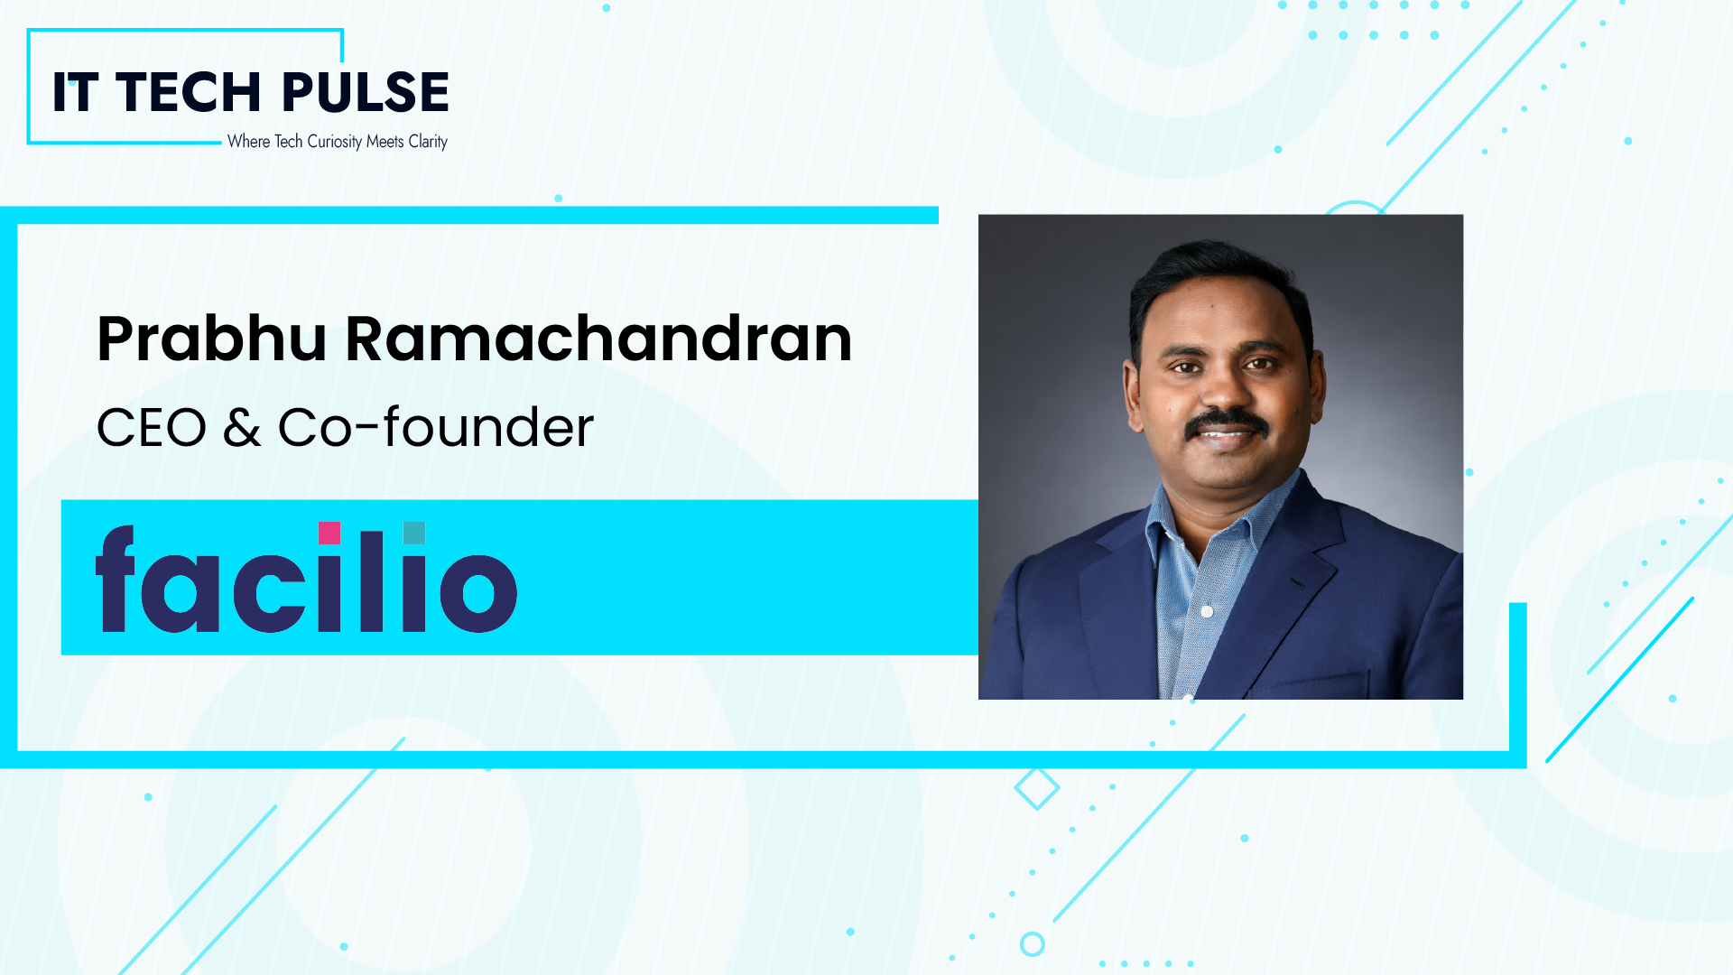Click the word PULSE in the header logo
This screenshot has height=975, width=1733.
(365, 92)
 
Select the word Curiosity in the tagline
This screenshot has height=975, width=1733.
(334, 142)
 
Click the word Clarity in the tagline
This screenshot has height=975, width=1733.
(428, 142)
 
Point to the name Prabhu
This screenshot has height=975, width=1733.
(211, 339)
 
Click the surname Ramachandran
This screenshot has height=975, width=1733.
(598, 339)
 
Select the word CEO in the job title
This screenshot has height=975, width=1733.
(152, 428)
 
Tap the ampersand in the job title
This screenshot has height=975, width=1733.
(242, 428)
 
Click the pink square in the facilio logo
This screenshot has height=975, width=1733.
(329, 533)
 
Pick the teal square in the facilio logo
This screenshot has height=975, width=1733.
(414, 533)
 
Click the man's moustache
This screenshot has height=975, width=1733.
(1226, 422)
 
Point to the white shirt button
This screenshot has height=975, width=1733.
(1207, 611)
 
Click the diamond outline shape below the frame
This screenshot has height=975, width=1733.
(1036, 788)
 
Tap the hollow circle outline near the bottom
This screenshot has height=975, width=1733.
(1032, 944)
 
